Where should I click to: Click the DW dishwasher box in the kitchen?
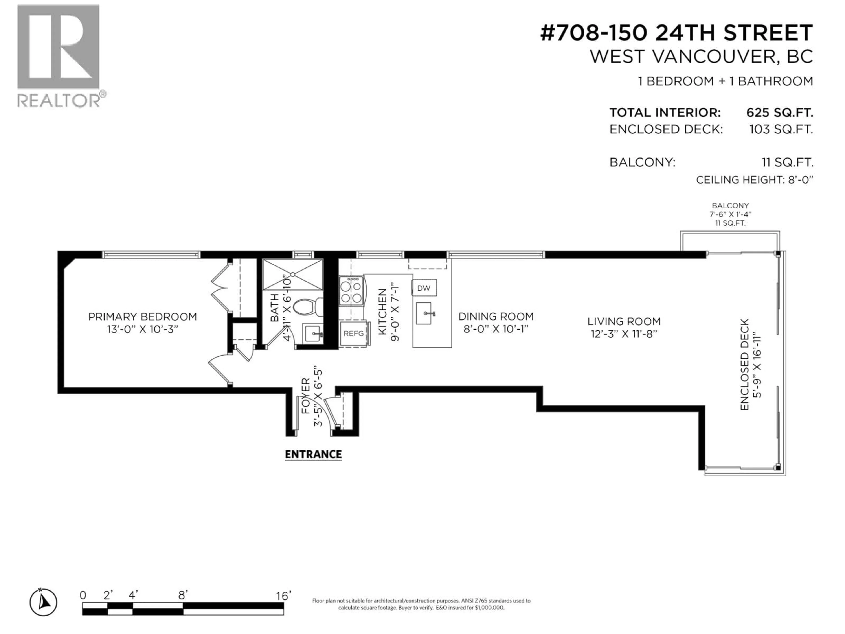424,288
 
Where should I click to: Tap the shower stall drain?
293,274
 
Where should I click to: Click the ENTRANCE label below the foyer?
313,454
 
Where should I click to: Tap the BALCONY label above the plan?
730,206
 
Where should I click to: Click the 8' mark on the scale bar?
183,595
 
